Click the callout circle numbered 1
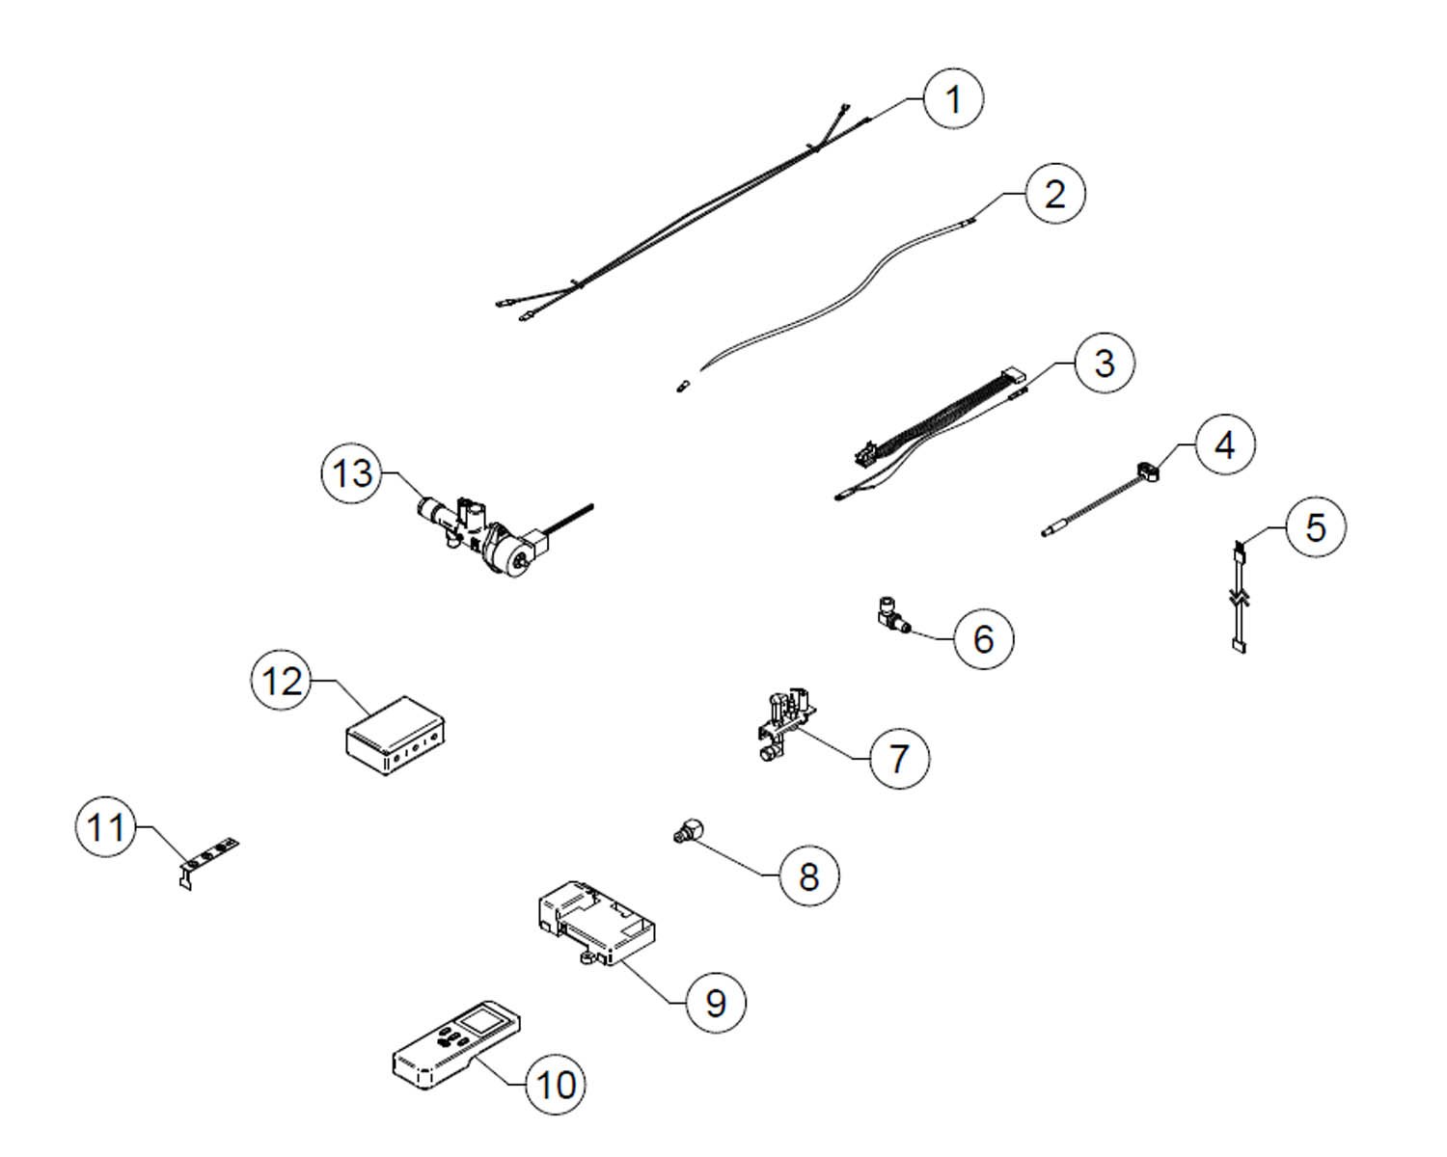pyautogui.click(x=953, y=99)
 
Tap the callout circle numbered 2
pyautogui.click(x=1055, y=194)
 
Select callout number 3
pyautogui.click(x=1105, y=363)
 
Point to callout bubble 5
pyautogui.click(x=1316, y=526)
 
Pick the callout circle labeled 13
pyautogui.click(x=352, y=472)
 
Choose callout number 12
pyautogui.click(x=282, y=681)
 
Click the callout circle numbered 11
pyautogui.click(x=105, y=826)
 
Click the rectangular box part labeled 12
pyautogui.click(x=395, y=736)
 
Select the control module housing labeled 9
pyautogui.click(x=596, y=923)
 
